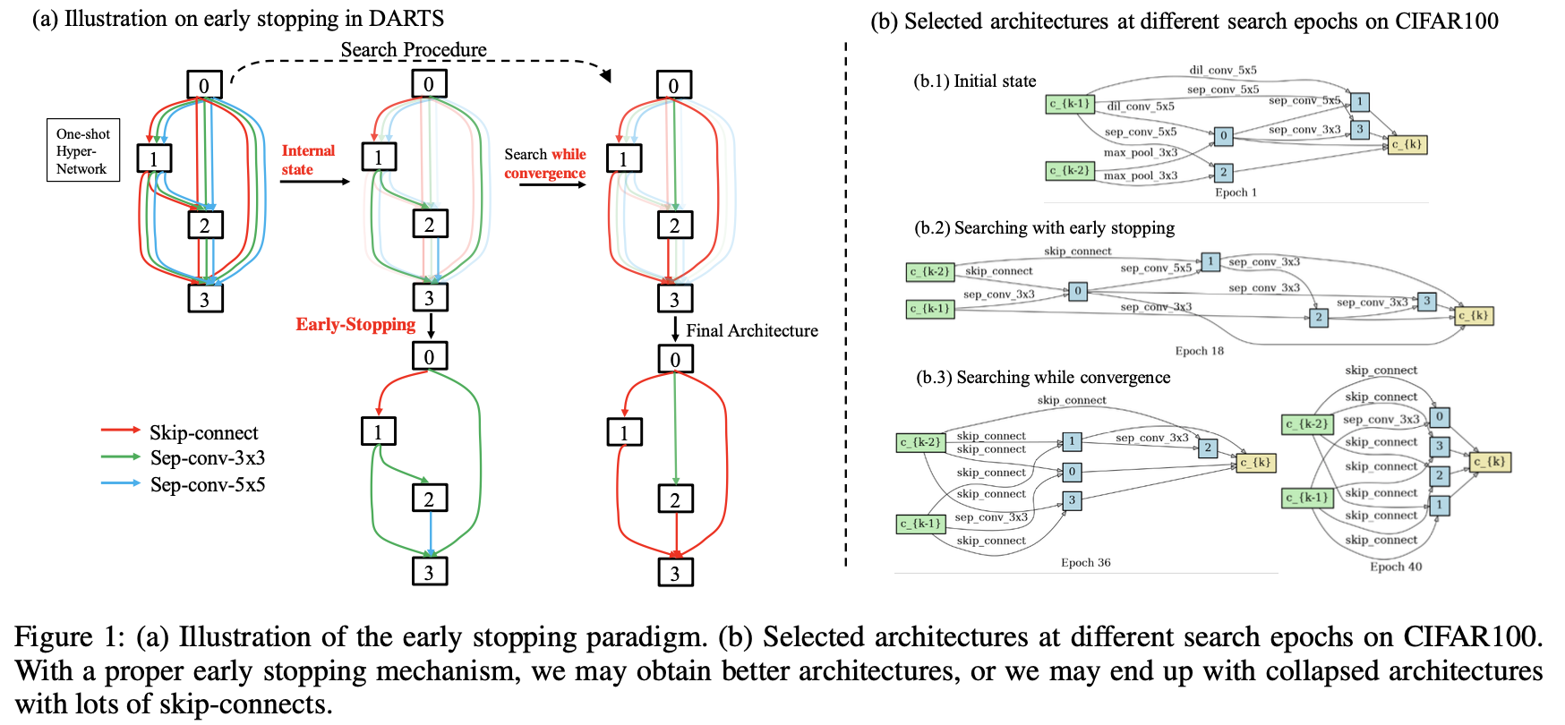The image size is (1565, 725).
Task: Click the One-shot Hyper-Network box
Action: pos(82,150)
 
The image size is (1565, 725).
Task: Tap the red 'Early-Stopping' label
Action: pos(355,325)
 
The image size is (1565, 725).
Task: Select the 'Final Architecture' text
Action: pos(751,331)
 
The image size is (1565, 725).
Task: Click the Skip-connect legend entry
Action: pos(203,433)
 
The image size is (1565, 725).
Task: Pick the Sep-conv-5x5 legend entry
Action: pos(207,485)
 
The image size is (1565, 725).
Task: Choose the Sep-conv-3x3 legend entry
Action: pos(207,458)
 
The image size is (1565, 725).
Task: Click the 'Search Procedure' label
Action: pos(414,50)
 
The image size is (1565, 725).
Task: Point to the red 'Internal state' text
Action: pos(307,160)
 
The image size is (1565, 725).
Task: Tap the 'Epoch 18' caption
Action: pos(1199,351)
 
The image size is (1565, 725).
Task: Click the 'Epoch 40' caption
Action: pos(1395,567)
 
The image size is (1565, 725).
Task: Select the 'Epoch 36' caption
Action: pos(1085,563)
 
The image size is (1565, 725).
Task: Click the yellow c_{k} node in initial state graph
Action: pos(1407,144)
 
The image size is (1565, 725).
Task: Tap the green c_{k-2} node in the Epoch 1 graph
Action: pos(1070,170)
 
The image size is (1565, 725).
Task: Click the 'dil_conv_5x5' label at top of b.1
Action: pos(1222,70)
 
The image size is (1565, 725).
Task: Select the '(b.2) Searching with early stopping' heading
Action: pos(1044,228)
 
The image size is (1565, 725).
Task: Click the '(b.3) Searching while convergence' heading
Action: pos(1042,378)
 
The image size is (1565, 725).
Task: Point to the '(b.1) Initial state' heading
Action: pos(974,81)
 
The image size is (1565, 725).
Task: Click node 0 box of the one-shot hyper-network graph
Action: pos(204,85)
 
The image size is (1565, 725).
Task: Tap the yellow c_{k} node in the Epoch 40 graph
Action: pos(1490,462)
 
